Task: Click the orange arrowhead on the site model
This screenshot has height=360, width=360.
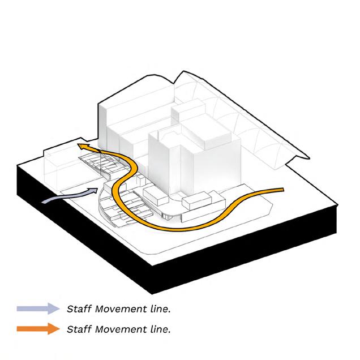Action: click(84, 147)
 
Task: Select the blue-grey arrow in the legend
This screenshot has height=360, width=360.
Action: click(38, 308)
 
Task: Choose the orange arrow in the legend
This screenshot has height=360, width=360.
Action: click(38, 328)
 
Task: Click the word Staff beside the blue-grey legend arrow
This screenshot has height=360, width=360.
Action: click(78, 309)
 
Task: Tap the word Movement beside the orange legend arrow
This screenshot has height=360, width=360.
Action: click(118, 328)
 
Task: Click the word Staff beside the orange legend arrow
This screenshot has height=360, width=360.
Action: click(78, 328)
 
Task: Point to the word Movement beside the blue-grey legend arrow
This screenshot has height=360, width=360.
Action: click(118, 309)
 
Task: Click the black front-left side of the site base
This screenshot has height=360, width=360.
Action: click(79, 226)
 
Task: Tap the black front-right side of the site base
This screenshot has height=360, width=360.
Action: click(249, 249)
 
